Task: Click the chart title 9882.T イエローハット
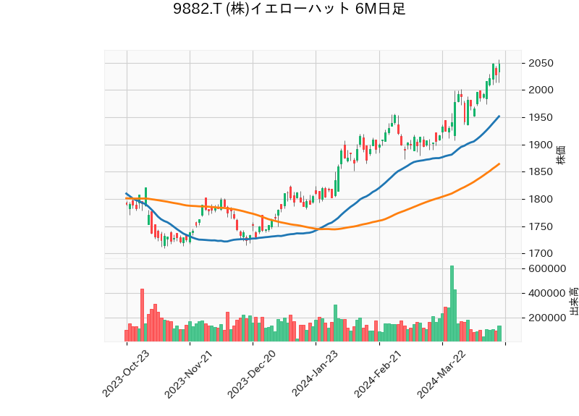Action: (289, 9)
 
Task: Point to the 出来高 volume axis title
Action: (573, 300)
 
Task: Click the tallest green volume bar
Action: (452, 304)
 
